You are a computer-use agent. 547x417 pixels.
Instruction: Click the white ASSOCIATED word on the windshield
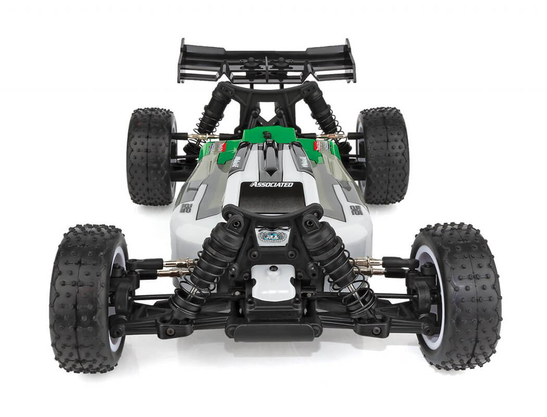coord(271,185)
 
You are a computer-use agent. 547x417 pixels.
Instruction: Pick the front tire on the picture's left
coord(86,297)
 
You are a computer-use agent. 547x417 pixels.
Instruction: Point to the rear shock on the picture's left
coord(211,117)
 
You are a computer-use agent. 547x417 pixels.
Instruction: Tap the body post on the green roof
coord(268,135)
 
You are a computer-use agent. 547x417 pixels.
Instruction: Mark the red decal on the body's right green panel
coord(318,146)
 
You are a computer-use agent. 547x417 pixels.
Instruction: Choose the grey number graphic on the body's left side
coord(186,208)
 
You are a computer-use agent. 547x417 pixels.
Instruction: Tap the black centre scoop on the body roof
coord(270,159)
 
